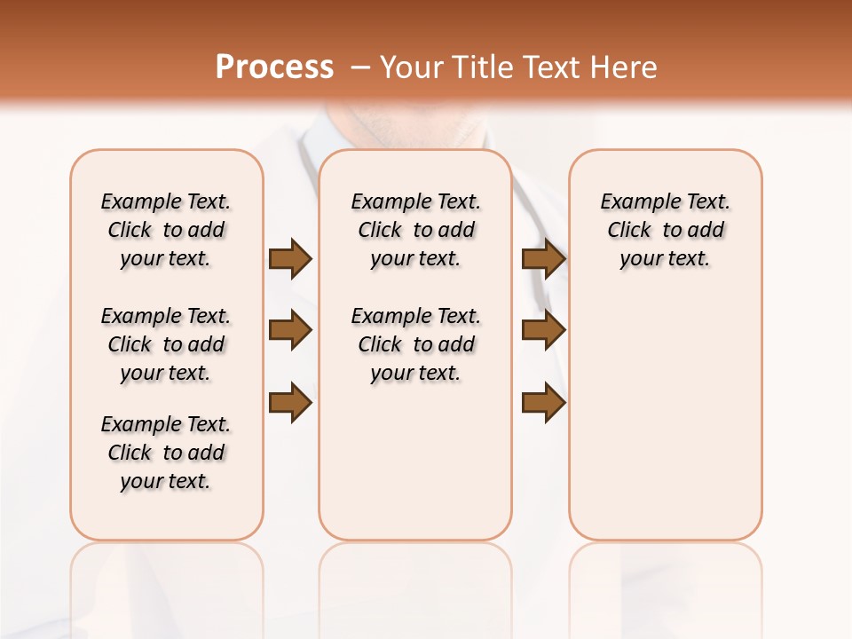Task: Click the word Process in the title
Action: pyautogui.click(x=274, y=67)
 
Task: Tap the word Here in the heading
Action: pyautogui.click(x=621, y=67)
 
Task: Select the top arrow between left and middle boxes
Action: pyautogui.click(x=289, y=259)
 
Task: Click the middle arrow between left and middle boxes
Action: pyautogui.click(x=289, y=331)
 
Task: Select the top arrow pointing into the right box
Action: pyautogui.click(x=543, y=259)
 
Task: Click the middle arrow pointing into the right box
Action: pyautogui.click(x=543, y=331)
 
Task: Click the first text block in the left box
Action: pyautogui.click(x=166, y=230)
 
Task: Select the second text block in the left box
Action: pyautogui.click(x=166, y=344)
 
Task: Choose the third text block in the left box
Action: pyautogui.click(x=166, y=453)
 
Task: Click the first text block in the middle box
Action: pyautogui.click(x=416, y=230)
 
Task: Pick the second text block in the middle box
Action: pyautogui.click(x=416, y=344)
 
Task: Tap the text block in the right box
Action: pyautogui.click(x=665, y=230)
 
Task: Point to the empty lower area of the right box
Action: pyautogui.click(x=665, y=426)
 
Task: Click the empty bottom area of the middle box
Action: pyautogui.click(x=415, y=470)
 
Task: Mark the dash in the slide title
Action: pyautogui.click(x=360, y=67)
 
